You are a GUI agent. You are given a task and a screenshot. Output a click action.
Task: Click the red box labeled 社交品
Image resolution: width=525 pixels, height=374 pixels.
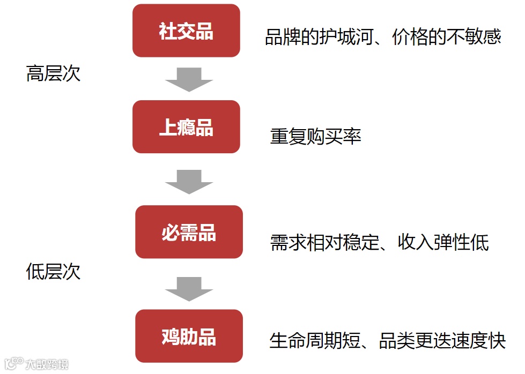(186, 31)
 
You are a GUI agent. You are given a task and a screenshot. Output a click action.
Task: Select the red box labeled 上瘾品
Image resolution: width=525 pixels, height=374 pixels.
(186, 127)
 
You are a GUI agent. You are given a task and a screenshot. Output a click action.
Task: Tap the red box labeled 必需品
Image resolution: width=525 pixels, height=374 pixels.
(189, 232)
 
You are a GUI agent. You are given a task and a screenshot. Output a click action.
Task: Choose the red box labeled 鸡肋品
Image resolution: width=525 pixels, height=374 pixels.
(189, 336)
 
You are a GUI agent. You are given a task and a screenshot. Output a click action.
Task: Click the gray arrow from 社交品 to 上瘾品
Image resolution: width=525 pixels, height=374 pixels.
(189, 79)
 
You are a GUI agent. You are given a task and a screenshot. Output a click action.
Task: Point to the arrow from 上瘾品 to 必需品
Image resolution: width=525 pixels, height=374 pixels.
(189, 181)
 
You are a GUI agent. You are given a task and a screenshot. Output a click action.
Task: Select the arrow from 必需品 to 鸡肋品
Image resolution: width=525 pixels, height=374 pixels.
(189, 288)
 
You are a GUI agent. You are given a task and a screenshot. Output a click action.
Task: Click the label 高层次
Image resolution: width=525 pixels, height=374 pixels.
(53, 73)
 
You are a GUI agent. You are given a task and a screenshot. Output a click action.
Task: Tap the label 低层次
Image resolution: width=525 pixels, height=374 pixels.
(53, 272)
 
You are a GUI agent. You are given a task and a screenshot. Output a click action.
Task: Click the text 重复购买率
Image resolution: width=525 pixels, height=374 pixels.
(315, 137)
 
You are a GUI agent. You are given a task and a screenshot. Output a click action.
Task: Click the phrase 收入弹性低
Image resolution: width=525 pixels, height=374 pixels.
(443, 243)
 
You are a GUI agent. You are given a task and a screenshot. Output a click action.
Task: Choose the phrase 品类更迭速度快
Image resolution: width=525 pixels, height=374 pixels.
(442, 341)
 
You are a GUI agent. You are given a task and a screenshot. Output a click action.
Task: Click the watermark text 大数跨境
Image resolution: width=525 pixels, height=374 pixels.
(48, 365)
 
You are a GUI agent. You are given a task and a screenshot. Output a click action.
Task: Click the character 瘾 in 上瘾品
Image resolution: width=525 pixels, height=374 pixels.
(186, 128)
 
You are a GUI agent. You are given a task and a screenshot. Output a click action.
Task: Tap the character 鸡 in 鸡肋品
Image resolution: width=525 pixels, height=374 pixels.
(171, 336)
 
